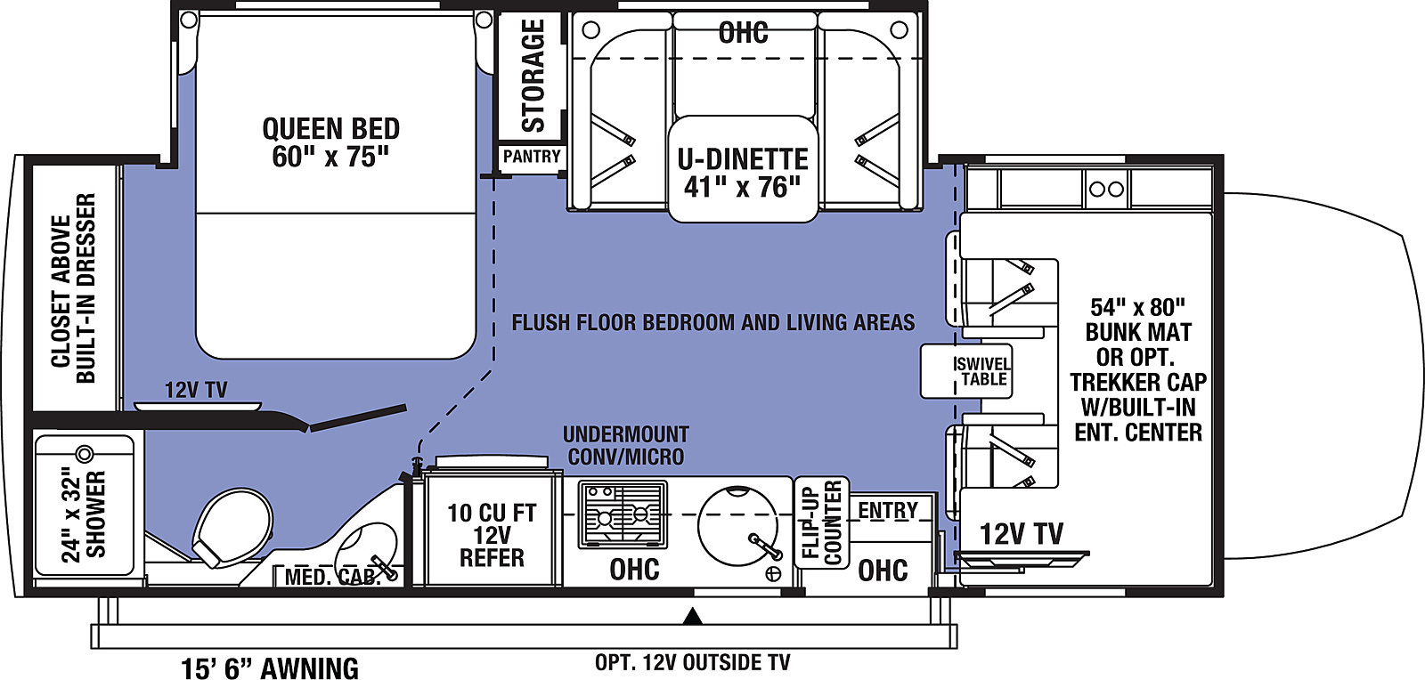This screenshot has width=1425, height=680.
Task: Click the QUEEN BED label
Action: pos(330,143)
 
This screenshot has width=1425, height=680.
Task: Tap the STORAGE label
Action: pos(533,76)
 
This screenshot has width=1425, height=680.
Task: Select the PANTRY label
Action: pos(532,157)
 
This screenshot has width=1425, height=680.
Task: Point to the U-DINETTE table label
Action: pos(743,173)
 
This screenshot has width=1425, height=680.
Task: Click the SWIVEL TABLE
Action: pos(965,372)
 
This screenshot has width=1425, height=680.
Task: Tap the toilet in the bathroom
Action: pos(232,528)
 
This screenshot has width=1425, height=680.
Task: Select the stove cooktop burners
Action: pos(623,514)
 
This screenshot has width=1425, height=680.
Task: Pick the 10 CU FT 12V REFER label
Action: pos(492,535)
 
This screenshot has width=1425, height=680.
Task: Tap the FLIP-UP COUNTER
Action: pos(822,522)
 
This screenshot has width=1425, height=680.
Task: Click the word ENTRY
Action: pos(888,510)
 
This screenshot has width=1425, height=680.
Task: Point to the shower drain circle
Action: pos(85,454)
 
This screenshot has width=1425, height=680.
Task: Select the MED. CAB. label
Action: pos(332,577)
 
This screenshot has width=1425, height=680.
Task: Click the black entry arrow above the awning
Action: pos(693,616)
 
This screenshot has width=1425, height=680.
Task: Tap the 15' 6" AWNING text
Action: pos(270,668)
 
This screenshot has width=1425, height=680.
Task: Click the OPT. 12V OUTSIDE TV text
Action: pos(692,663)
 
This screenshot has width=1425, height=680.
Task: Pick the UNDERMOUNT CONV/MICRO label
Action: pos(626,446)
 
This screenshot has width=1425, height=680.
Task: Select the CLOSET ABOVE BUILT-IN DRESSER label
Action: pos(73,288)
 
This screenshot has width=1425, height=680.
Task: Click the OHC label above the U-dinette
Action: pos(743,32)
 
